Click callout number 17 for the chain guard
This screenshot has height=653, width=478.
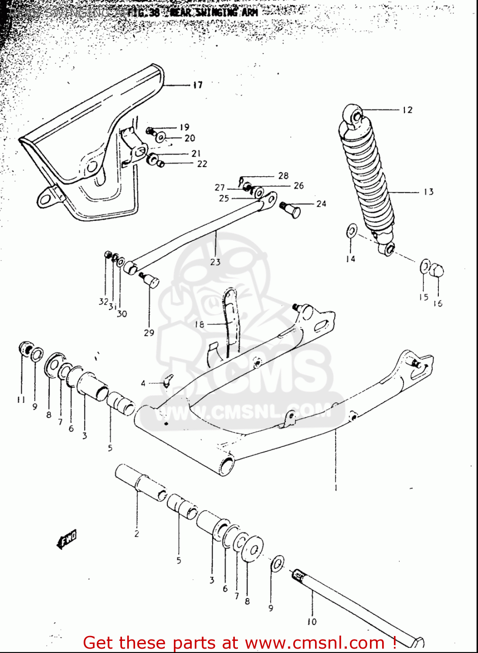click(198, 85)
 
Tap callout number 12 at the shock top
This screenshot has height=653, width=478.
click(407, 110)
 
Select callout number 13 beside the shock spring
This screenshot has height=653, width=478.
click(428, 192)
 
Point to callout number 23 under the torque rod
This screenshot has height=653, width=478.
click(215, 262)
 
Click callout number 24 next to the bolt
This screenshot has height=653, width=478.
click(321, 204)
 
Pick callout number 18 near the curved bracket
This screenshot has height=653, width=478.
click(199, 324)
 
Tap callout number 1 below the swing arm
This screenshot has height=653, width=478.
click(336, 488)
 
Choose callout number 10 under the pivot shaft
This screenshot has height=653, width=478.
click(312, 622)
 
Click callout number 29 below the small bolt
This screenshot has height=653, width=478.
click(149, 333)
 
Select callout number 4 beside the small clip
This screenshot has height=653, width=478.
click(143, 383)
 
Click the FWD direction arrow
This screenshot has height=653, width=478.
click(67, 539)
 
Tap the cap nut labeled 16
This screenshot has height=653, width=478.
click(437, 271)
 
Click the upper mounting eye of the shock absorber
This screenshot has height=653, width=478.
click(356, 116)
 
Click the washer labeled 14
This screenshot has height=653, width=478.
click(352, 231)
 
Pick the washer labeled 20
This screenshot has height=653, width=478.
click(161, 138)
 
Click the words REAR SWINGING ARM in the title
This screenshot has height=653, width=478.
click(214, 12)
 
